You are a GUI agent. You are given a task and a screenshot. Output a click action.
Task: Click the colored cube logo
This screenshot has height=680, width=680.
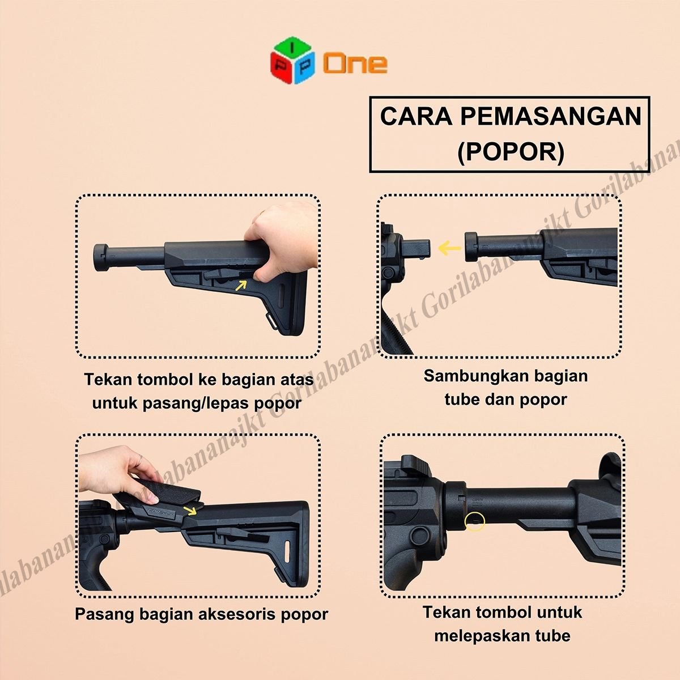[x=292, y=60]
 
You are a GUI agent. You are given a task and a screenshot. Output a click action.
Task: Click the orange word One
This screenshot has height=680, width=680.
[x=355, y=63]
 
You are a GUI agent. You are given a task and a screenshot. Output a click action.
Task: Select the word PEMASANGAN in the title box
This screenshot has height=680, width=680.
[x=551, y=116]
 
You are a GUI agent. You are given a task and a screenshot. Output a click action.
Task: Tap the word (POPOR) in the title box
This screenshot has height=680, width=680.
[x=511, y=152]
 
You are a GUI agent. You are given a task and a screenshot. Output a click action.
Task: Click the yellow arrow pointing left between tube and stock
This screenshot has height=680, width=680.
[x=449, y=248]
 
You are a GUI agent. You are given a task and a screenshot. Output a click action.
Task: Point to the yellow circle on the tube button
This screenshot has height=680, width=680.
[x=475, y=521]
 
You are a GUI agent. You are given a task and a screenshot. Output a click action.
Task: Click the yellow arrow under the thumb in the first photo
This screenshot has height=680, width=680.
[x=241, y=285]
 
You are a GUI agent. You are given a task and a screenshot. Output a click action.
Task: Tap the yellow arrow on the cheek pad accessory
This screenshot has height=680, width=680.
[x=190, y=510]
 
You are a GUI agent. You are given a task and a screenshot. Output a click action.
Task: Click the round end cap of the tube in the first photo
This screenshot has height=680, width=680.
[x=101, y=258]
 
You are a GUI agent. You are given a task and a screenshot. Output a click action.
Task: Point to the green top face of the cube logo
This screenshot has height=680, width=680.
[x=292, y=47]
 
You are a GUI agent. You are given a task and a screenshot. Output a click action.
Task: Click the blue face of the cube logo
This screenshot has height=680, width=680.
[x=304, y=68]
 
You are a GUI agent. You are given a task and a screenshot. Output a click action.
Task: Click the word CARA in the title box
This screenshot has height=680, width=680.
[x=416, y=116]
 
